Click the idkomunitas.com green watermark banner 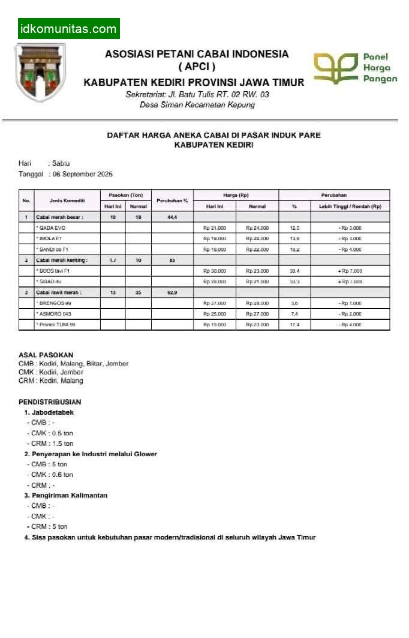pyautogui.click(x=68, y=29)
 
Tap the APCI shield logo pyautogui.click(x=40, y=71)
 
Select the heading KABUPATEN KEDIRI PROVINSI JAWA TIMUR pyautogui.click(x=194, y=82)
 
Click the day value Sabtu pyautogui.click(x=61, y=163)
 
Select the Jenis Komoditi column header pyautogui.click(x=67, y=200)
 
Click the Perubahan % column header pyautogui.click(x=172, y=200)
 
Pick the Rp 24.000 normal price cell pyautogui.click(x=257, y=228)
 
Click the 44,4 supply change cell pyautogui.click(x=172, y=217)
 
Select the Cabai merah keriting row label pyautogui.click(x=62, y=260)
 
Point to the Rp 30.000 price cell pyautogui.click(x=214, y=271)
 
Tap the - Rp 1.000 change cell pyautogui.click(x=350, y=304)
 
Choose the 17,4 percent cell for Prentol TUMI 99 pyautogui.click(x=294, y=325)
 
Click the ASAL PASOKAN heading pyautogui.click(x=46, y=355)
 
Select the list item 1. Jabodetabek pyautogui.click(x=49, y=412)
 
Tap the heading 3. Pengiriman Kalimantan pyautogui.click(x=66, y=496)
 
